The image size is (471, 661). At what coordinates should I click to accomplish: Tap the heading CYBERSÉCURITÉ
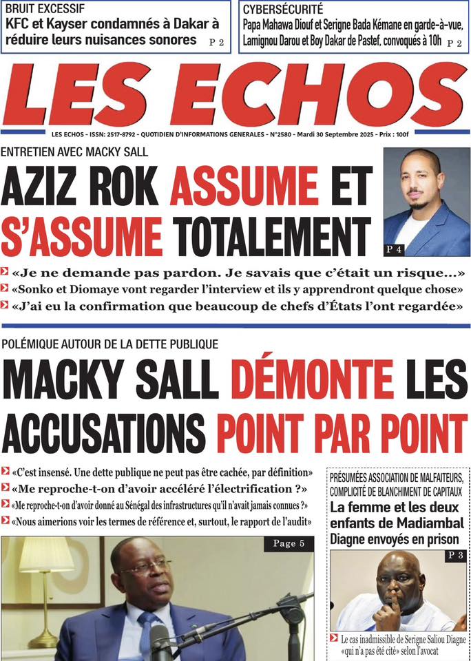[x=282, y=10]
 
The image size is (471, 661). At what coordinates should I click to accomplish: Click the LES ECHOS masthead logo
[x=235, y=94]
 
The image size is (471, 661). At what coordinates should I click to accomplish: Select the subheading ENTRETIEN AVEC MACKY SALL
[x=74, y=152]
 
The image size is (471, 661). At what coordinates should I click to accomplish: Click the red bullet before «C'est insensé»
[x=6, y=474]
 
